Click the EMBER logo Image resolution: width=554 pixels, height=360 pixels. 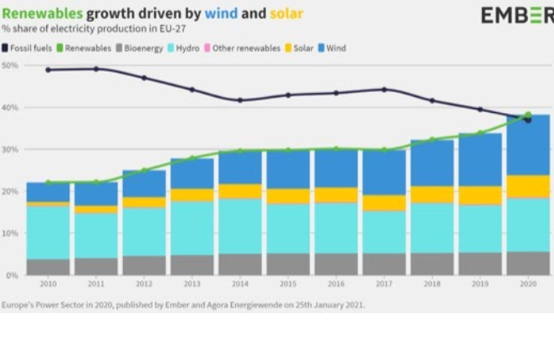(x=516, y=15)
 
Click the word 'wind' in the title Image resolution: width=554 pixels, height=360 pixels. (x=224, y=14)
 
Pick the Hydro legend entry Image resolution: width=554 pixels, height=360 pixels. (x=187, y=49)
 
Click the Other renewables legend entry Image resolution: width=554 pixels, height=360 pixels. (x=245, y=49)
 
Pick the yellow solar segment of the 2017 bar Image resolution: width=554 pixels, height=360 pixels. (x=384, y=202)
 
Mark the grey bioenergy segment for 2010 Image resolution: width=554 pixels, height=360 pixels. (x=48, y=266)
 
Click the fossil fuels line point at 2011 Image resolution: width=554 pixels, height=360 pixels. (x=95, y=69)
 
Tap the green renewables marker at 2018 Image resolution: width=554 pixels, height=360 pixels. (x=433, y=140)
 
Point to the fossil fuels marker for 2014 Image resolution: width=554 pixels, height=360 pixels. (x=240, y=100)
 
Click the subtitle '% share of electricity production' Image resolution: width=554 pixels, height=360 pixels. (x=93, y=29)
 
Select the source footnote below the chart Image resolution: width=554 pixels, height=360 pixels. (x=182, y=306)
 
